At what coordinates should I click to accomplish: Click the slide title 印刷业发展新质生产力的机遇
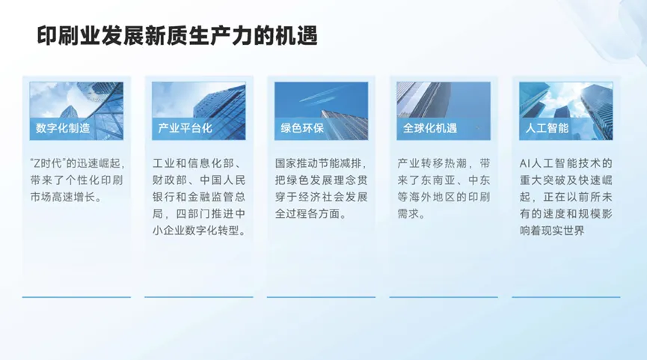tap(177, 35)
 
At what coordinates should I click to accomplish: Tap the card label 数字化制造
tap(63, 128)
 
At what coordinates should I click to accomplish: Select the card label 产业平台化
tap(185, 128)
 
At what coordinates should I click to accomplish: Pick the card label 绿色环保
tap(302, 128)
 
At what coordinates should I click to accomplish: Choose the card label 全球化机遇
tap(430, 128)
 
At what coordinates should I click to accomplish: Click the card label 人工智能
tap(547, 128)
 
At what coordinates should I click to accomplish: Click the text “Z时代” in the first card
tap(46, 163)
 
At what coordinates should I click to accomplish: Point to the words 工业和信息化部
tap(193, 163)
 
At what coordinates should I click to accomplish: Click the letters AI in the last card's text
tap(524, 164)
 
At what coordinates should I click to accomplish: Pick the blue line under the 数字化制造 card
tap(76, 297)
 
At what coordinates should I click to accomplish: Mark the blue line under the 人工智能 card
tap(565, 297)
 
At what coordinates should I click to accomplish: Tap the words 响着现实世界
tap(552, 231)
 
